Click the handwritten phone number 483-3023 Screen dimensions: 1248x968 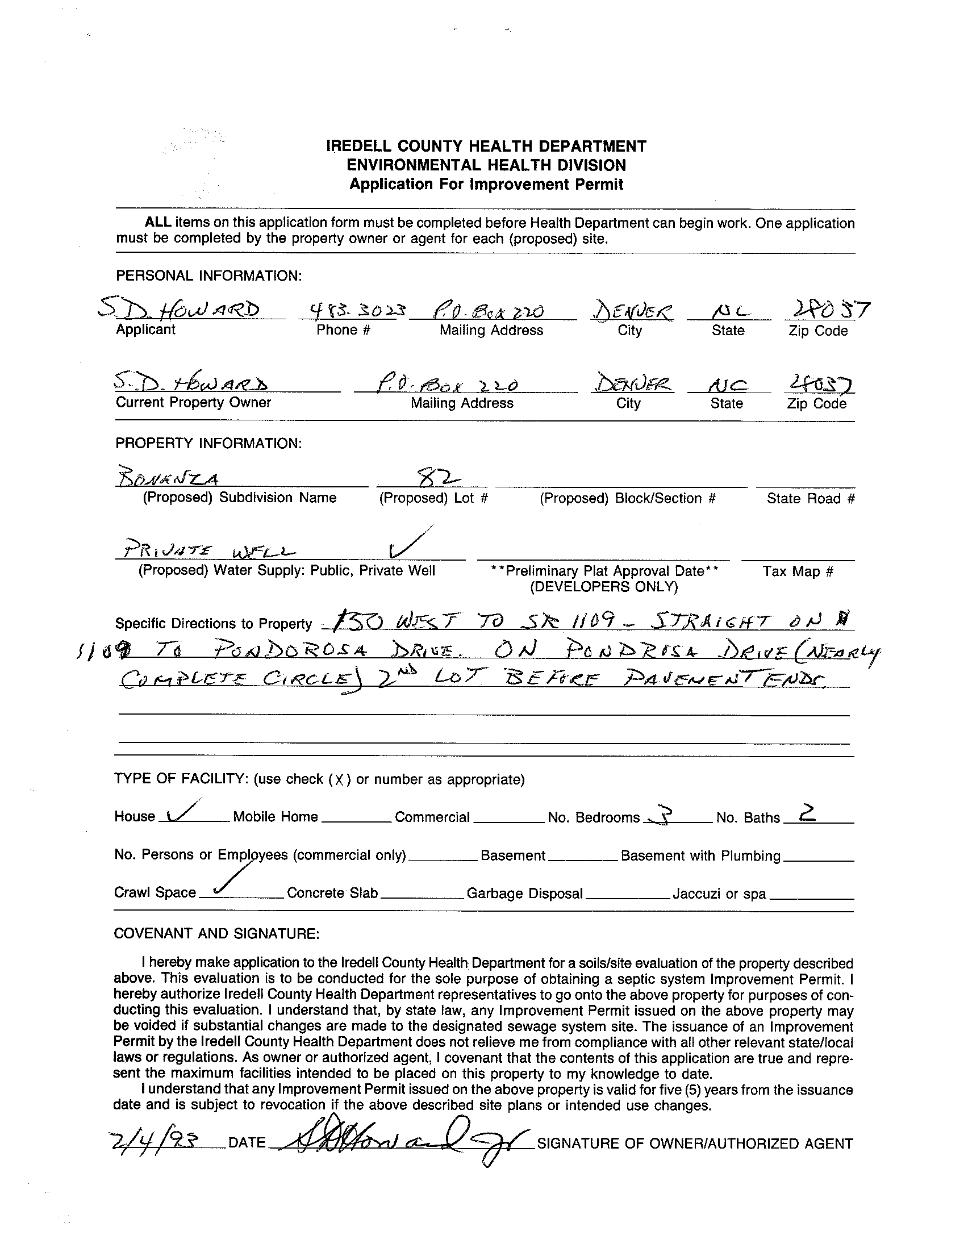coord(351,311)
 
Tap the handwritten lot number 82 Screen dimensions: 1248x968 coord(448,476)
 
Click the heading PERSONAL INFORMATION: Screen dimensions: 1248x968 coord(208,276)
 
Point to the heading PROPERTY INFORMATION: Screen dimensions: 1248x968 coord(208,444)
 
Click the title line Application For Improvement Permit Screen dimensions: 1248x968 coord(486,184)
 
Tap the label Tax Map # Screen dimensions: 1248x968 coord(798,571)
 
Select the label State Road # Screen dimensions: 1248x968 coord(810,498)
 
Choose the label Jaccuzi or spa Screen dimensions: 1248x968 coord(719,894)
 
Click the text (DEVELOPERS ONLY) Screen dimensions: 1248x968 coord(603,587)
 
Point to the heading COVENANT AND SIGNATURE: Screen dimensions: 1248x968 coord(216,933)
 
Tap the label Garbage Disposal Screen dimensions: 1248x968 coord(524,893)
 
